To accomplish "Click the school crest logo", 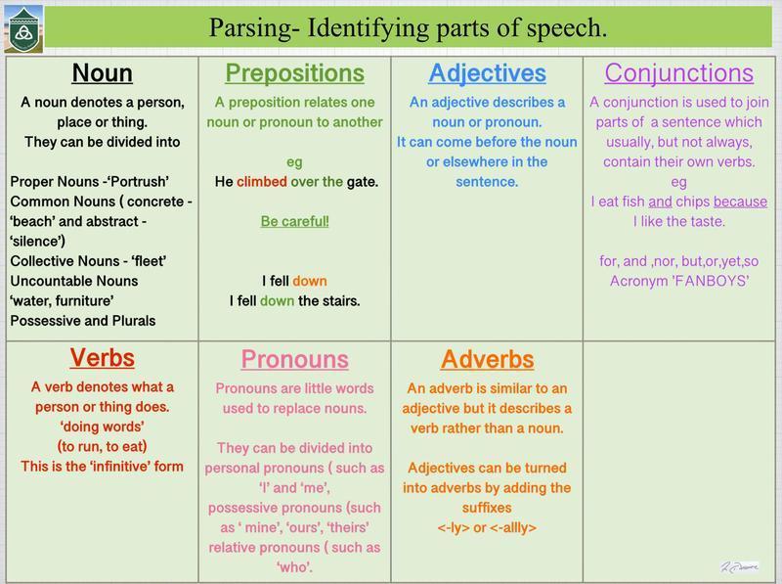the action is pyautogui.click(x=23, y=29).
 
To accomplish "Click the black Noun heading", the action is pyautogui.click(x=103, y=72).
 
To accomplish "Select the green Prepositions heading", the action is pyautogui.click(x=295, y=72).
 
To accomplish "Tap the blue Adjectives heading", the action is pyautogui.click(x=487, y=73).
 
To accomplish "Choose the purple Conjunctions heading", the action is pyautogui.click(x=679, y=73).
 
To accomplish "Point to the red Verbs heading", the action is pyautogui.click(x=103, y=358).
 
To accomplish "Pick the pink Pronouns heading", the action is pyautogui.click(x=295, y=359).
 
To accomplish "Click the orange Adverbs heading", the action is pyautogui.click(x=487, y=359).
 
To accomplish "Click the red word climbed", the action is pyautogui.click(x=262, y=182).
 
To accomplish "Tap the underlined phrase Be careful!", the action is pyautogui.click(x=295, y=222).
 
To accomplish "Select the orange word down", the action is pyautogui.click(x=310, y=281).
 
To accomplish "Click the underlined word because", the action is pyautogui.click(x=741, y=202).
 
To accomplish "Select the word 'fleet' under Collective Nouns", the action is pyautogui.click(x=150, y=261).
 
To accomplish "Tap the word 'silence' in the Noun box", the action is pyautogui.click(x=37, y=241).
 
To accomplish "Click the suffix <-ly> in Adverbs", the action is pyautogui.click(x=454, y=527).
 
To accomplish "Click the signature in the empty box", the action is pyautogui.click(x=740, y=566).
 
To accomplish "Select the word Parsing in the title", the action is pyautogui.click(x=249, y=28).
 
